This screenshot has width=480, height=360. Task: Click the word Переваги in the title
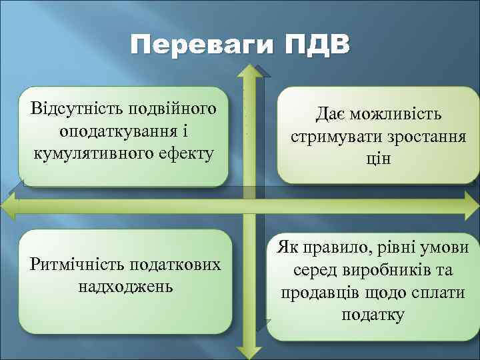(202, 47)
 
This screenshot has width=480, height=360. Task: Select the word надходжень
(125, 287)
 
